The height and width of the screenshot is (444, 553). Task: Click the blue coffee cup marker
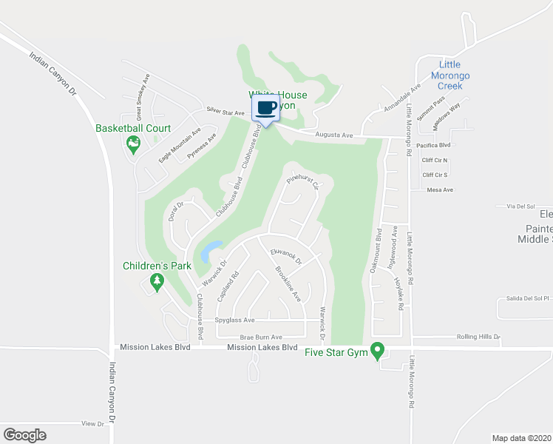[266, 107]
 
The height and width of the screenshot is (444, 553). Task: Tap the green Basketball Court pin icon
[134, 144]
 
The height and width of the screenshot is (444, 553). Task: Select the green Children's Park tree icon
[156, 280]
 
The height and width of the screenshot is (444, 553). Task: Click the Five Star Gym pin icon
[378, 349]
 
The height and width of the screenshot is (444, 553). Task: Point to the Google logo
[24, 434]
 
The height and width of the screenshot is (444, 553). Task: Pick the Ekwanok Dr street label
[287, 256]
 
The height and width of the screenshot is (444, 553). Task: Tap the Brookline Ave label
[288, 284]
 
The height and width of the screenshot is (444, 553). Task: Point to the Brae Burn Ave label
[241, 336]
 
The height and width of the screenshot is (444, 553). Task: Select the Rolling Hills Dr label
[479, 337]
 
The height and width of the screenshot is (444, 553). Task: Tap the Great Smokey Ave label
[143, 97]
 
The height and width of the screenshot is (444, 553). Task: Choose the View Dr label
[93, 424]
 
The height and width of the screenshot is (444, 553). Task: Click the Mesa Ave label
[440, 190]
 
